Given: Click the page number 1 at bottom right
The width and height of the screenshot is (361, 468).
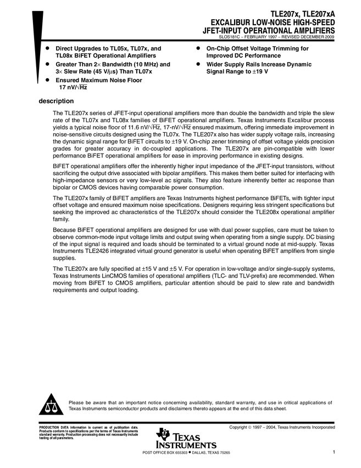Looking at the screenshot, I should (x=334, y=452).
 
